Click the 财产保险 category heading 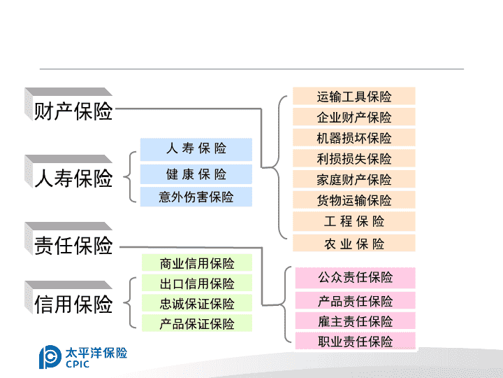(68, 105)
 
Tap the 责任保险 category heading (68, 239)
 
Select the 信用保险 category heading (68, 298)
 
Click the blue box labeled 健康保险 (196, 174)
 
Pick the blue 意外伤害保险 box (196, 197)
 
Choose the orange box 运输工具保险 (354, 96)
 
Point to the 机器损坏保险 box (354, 138)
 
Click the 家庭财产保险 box (354, 179)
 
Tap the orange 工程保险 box (354, 221)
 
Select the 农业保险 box (354, 243)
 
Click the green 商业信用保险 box (197, 263)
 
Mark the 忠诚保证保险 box (197, 303)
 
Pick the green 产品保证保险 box (197, 323)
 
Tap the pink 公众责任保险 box (356, 278)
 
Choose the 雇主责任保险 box (356, 321)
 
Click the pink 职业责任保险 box (356, 341)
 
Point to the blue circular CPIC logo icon (50, 357)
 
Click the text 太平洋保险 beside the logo (96, 353)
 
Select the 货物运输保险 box (354, 200)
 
